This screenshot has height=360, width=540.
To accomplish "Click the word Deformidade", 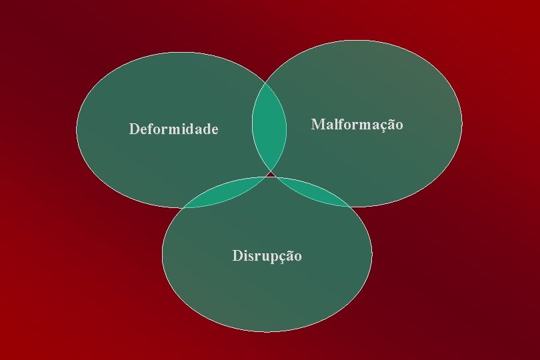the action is point(173,129).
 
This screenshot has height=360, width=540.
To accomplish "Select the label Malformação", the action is point(357,125).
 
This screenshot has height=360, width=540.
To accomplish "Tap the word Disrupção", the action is point(267,255).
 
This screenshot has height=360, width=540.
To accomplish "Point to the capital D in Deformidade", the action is point(134,129).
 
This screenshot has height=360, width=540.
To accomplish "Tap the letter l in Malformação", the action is point(335,124).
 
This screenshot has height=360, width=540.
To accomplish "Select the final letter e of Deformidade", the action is point(214,129).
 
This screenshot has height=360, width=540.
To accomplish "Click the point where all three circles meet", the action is point(269,175).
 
